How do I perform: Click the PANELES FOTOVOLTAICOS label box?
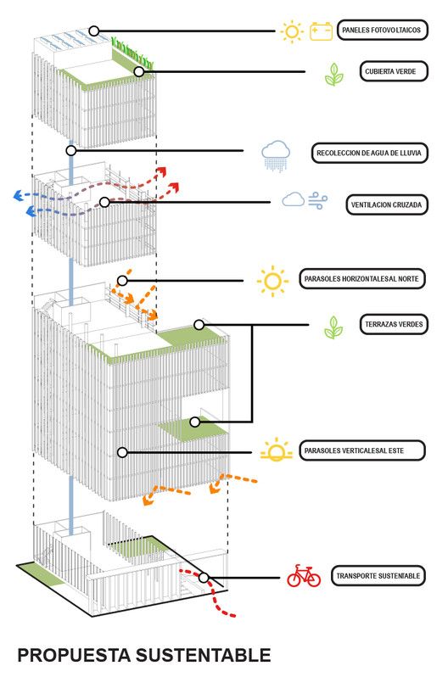(382, 31)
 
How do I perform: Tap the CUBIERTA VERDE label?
(394, 71)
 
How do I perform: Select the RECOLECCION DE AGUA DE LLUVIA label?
(369, 154)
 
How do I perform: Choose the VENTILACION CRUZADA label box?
(387, 204)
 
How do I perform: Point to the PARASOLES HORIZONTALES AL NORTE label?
(362, 278)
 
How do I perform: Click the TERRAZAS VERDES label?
(394, 324)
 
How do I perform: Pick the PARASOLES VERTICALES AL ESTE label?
(362, 450)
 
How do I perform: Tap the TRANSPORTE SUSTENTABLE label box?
(378, 576)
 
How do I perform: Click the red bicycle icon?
(304, 576)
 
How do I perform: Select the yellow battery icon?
(322, 31)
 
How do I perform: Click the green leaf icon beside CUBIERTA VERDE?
(334, 74)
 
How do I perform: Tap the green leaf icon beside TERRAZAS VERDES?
(333, 327)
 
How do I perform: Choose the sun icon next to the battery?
(291, 31)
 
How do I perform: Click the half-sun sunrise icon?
(277, 450)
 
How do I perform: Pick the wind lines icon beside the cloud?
(317, 200)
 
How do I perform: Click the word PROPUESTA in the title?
(74, 655)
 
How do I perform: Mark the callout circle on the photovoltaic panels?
(94, 31)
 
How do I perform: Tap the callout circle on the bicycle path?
(204, 578)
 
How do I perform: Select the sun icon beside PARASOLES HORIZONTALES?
(272, 281)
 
